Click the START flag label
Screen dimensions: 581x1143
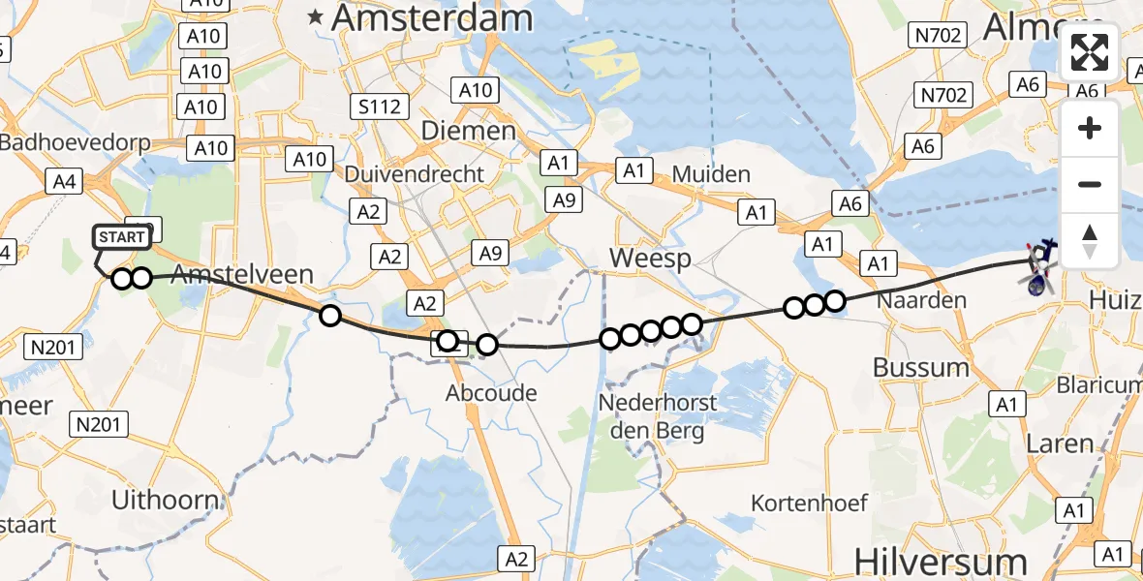tap(122, 237)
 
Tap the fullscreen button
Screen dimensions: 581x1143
tap(1090, 52)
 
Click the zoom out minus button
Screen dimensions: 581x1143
tap(1090, 184)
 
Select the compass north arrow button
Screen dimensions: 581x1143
tap(1090, 240)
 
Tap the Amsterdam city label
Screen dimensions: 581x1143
tap(432, 17)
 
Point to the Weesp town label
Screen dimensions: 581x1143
tap(650, 259)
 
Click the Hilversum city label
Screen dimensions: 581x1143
tap(941, 562)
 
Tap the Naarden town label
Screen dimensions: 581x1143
tap(921, 300)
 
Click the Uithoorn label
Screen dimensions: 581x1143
tap(165, 500)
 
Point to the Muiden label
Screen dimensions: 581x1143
tap(715, 175)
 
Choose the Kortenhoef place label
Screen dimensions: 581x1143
tap(809, 503)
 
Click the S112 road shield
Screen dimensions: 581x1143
tap(379, 107)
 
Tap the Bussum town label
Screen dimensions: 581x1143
tap(920, 367)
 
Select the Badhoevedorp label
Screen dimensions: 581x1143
tap(76, 142)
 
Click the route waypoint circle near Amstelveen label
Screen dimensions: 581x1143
tap(330, 315)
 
